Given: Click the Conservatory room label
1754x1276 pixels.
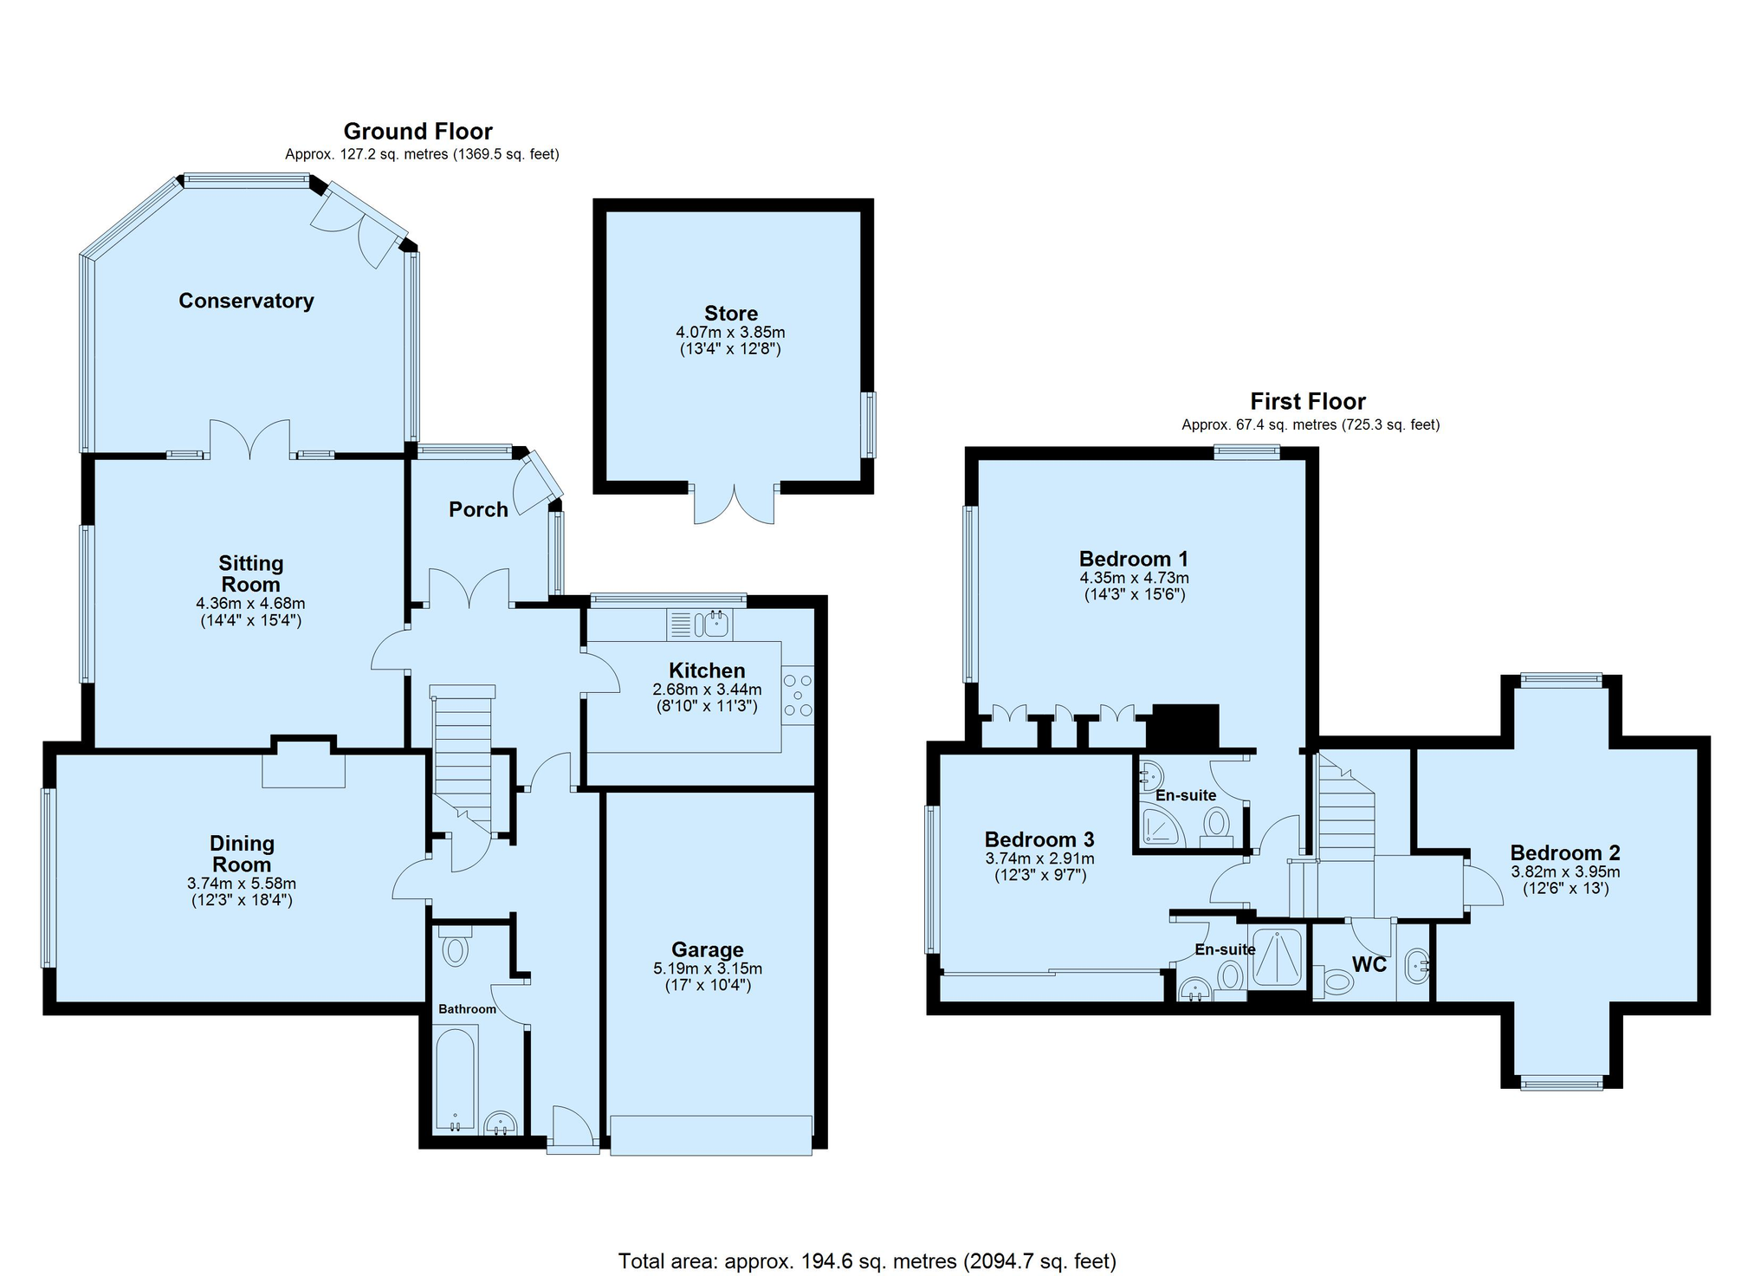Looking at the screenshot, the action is [246, 301].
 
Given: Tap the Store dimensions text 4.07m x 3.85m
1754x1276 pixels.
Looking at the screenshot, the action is [730, 333].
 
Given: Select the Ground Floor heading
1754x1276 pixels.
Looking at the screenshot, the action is [417, 131].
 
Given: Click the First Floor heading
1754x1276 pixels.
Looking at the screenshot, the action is [1307, 401].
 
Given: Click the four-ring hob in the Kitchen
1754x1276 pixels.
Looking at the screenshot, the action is [798, 696].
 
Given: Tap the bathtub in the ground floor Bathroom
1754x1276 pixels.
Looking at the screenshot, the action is [455, 1078].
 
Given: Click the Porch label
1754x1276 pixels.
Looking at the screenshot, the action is [478, 509].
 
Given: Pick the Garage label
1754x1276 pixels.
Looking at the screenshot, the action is [708, 950].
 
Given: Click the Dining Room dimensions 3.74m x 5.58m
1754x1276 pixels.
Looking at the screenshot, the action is [242, 884].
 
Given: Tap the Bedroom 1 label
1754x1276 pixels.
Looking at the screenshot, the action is [1134, 559].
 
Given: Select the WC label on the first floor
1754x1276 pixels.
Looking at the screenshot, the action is [1369, 964].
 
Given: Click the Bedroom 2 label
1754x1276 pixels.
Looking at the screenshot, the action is [1565, 852].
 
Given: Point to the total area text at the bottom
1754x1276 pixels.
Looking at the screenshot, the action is [867, 1260].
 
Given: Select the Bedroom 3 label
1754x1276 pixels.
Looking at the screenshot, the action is [1039, 839].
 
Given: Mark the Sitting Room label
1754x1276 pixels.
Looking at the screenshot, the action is [250, 573].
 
